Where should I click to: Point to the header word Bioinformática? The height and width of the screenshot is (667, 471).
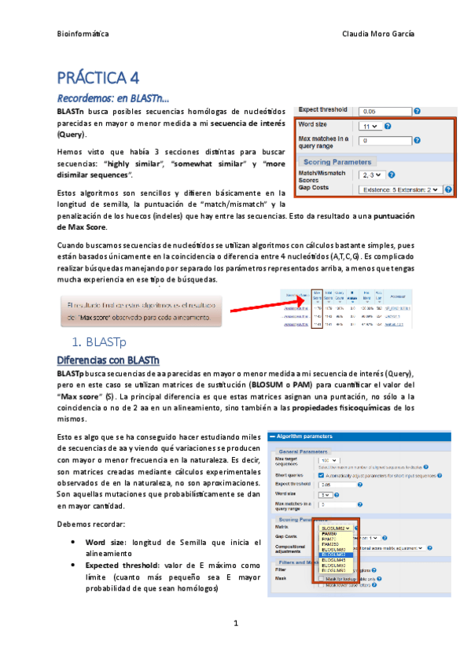coord(83,35)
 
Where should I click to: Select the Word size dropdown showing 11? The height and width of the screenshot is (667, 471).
coord(370,126)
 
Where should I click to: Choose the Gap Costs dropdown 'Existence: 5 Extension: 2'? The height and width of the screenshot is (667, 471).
coord(399,190)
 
